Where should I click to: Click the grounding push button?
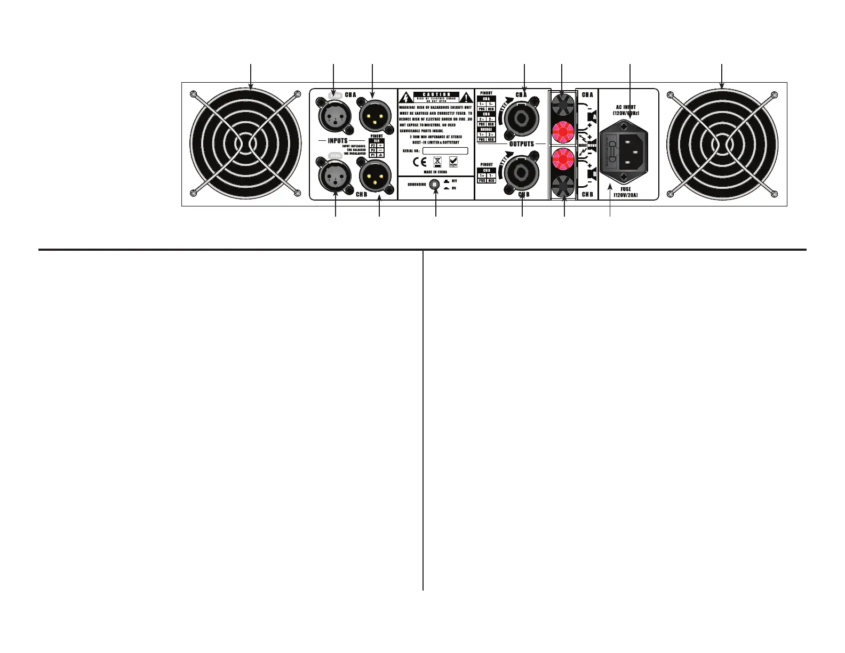click(435, 184)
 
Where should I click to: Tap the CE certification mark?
click(421, 162)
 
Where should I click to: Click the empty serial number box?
click(444, 151)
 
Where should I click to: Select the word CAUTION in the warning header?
click(436, 94)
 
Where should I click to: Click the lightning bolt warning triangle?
click(406, 98)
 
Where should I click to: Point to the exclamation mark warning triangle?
click(466, 98)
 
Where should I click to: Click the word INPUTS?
click(338, 141)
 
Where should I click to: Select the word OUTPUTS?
click(521, 144)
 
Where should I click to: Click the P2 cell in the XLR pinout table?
click(373, 145)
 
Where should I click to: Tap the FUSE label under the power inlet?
click(626, 189)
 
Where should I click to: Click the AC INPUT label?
click(626, 107)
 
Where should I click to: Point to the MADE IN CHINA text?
click(435, 173)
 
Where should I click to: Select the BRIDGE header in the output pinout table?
click(486, 130)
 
